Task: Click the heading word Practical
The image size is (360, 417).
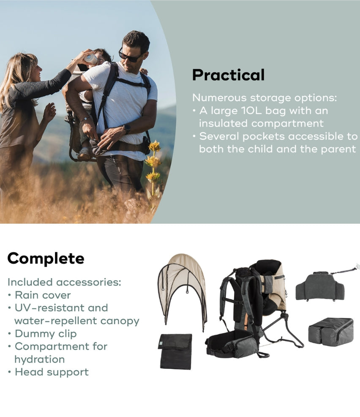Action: click(x=229, y=75)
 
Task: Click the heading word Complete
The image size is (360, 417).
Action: click(x=46, y=258)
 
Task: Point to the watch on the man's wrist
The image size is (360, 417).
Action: click(x=127, y=129)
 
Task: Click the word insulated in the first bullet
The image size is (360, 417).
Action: click(x=223, y=123)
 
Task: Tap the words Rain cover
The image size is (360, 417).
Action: click(x=43, y=295)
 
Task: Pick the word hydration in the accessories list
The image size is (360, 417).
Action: click(x=40, y=359)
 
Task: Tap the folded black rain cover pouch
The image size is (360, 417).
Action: click(x=176, y=351)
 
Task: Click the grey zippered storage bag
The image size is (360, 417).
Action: click(x=331, y=332)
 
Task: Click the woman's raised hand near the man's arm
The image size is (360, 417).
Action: click(x=49, y=112)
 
